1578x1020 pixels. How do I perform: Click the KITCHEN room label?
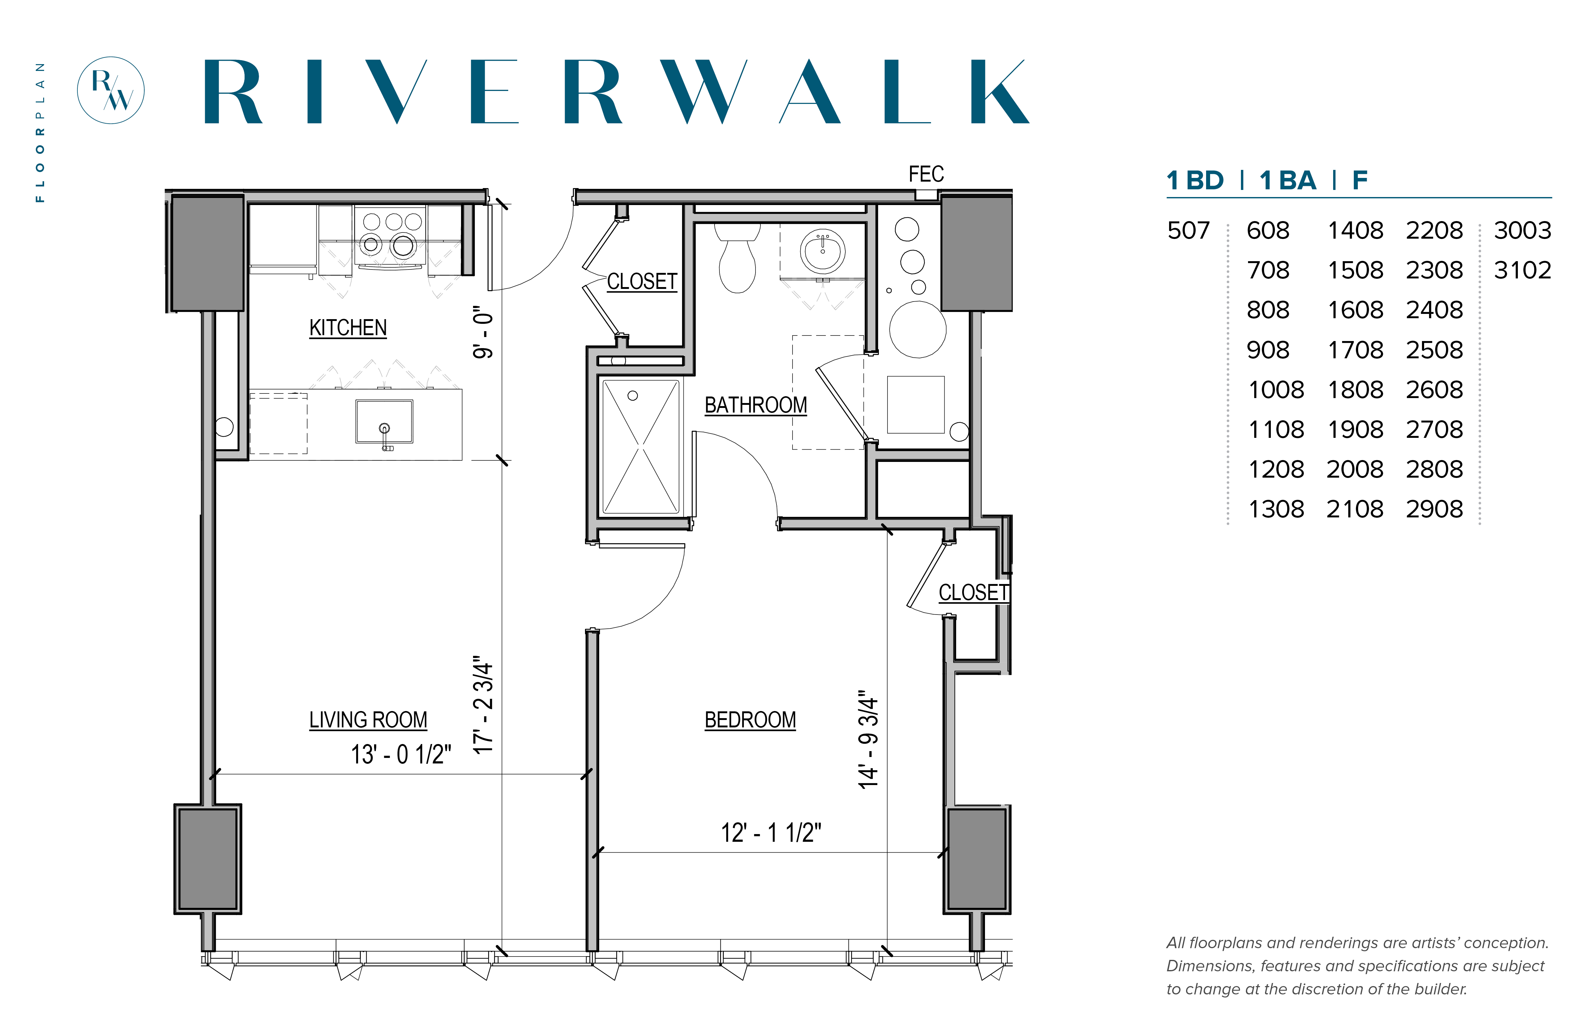pyautogui.click(x=348, y=328)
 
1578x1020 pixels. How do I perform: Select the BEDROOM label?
pyautogui.click(x=750, y=720)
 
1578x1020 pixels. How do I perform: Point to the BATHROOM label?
pyautogui.click(x=755, y=405)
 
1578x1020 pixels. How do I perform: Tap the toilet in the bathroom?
pyautogui.click(x=737, y=258)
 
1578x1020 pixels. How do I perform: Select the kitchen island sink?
pyautogui.click(x=384, y=421)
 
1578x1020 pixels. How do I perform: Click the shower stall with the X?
pyautogui.click(x=641, y=447)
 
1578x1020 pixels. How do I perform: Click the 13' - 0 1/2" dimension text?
pyautogui.click(x=401, y=755)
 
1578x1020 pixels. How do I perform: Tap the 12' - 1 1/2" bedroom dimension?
pyautogui.click(x=771, y=833)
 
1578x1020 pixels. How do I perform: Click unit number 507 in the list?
pyautogui.click(x=1189, y=231)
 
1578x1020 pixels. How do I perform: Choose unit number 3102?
pyautogui.click(x=1522, y=270)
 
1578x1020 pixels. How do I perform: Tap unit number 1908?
pyautogui.click(x=1355, y=429)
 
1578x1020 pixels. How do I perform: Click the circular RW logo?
pyautogui.click(x=111, y=90)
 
